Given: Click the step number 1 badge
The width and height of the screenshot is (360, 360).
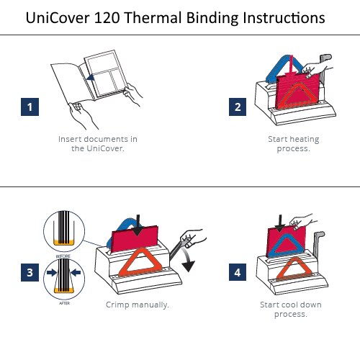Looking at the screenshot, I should (30, 107).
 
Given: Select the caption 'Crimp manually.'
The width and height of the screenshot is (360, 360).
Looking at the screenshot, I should (137, 305).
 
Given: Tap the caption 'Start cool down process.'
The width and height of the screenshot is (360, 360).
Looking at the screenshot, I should (291, 310).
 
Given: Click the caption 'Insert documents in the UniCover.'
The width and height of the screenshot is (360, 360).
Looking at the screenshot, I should (98, 143).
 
